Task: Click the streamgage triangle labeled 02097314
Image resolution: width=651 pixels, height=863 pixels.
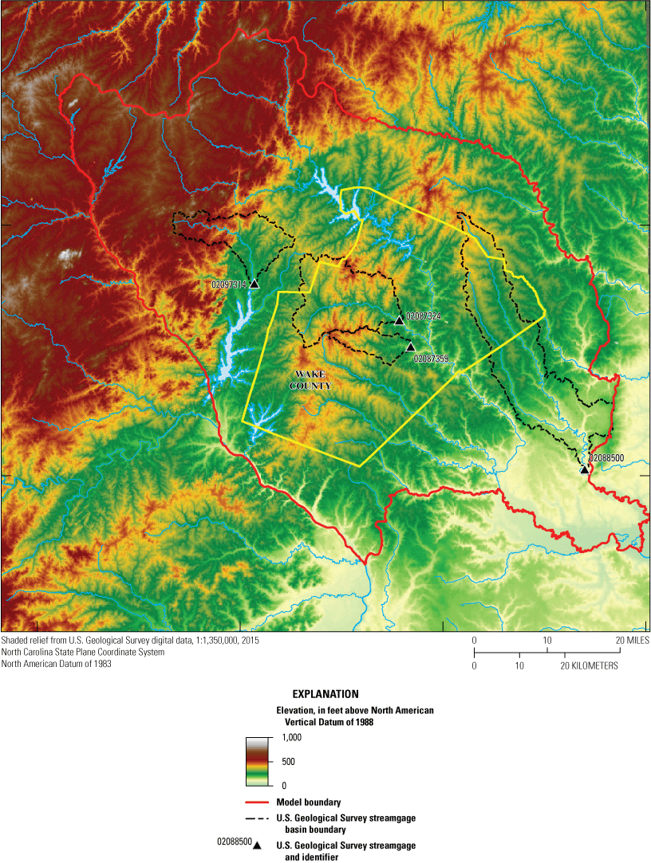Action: [254, 284]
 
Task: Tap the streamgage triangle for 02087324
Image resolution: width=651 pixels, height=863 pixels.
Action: [399, 320]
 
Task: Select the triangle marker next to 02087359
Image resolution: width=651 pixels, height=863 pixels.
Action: [410, 347]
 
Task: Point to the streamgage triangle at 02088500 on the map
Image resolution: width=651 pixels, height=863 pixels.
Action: [585, 469]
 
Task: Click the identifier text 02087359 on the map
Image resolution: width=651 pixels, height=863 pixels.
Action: [432, 359]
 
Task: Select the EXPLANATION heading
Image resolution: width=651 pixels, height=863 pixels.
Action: [325, 694]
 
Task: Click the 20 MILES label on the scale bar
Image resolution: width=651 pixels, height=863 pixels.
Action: [632, 640]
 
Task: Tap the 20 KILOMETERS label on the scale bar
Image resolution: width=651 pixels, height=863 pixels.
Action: [590, 665]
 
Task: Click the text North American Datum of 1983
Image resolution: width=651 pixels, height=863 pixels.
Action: [57, 664]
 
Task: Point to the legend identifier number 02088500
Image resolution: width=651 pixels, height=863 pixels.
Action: [235, 841]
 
